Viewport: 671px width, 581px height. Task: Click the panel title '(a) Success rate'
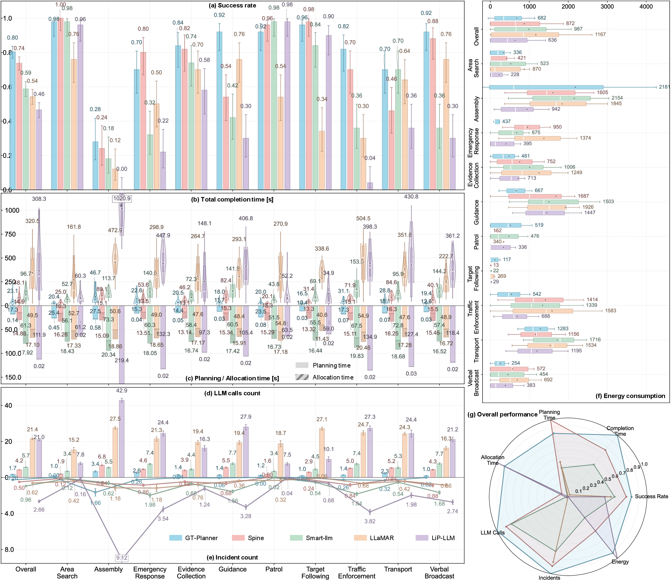coord(237,5)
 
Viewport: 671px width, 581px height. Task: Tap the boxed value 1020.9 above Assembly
coord(122,199)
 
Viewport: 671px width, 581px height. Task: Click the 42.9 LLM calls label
coord(122,391)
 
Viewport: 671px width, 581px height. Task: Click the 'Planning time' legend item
coord(331,365)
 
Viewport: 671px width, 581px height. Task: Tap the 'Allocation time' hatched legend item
coord(333,377)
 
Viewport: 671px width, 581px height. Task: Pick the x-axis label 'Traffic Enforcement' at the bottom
coord(357,573)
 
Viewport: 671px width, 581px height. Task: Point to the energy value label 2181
coord(664,87)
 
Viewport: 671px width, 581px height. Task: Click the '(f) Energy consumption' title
coord(630,396)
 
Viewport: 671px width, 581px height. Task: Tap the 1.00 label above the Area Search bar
coord(60,4)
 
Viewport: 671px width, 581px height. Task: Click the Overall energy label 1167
coord(600,34)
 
